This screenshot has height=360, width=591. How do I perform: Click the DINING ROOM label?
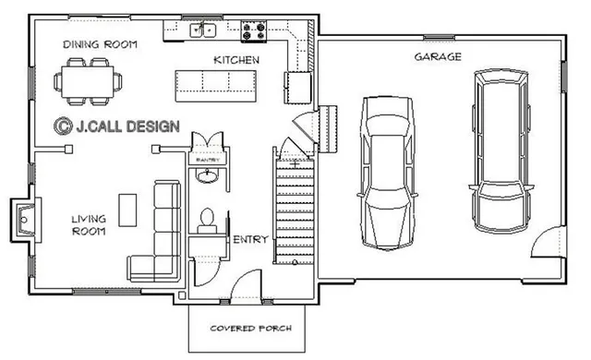pos(100,44)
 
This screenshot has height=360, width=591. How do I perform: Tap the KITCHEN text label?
pos(236,59)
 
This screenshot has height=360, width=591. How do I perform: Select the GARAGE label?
pos(438,56)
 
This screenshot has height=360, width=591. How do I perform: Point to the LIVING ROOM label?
pos(88,225)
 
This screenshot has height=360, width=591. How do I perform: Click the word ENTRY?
pos(250,240)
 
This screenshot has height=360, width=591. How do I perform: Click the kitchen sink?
pos(203,30)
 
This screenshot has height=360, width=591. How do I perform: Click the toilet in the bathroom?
pos(208,219)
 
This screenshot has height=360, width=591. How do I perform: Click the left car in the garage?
pos(387,172)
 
